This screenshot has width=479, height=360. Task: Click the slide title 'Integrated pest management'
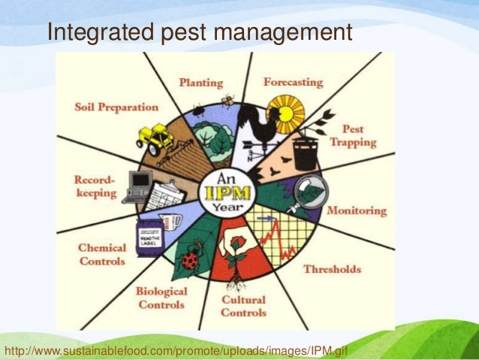[199, 32]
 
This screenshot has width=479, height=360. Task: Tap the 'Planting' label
[200, 82]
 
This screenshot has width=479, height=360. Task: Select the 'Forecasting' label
[293, 81]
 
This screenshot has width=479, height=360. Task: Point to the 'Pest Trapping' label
[359, 135]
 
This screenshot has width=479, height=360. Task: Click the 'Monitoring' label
[356, 211]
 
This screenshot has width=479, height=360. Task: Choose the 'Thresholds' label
[332, 269]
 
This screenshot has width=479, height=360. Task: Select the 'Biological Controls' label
[161, 298]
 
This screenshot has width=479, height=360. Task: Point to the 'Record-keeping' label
[96, 186]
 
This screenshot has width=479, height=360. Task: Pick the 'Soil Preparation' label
[116, 107]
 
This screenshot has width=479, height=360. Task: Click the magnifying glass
[306, 189]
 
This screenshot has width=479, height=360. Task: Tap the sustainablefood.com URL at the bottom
[176, 351]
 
